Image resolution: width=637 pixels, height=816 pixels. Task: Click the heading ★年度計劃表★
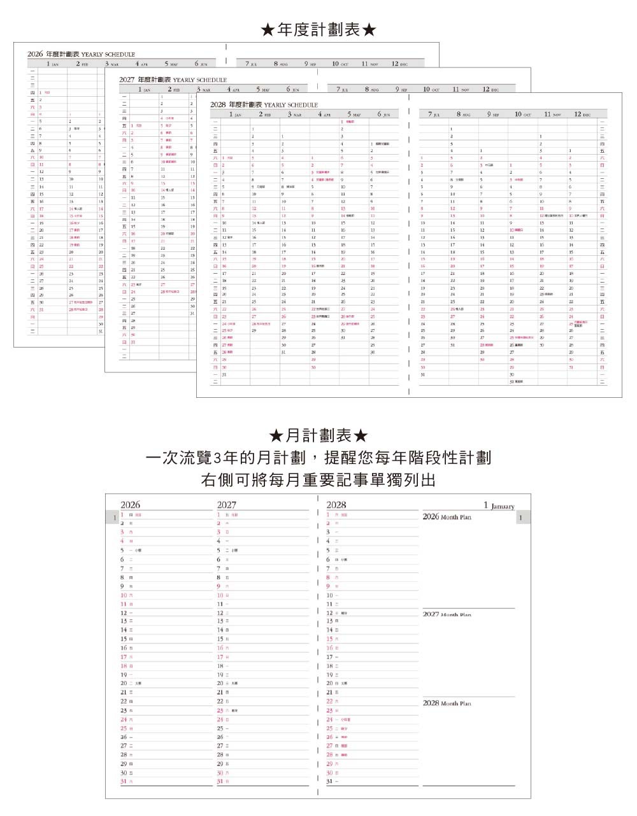(318, 29)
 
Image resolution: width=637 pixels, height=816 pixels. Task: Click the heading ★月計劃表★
(318, 436)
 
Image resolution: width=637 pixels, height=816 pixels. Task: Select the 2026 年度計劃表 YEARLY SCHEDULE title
(81, 54)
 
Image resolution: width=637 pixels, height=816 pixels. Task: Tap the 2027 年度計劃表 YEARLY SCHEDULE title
(173, 80)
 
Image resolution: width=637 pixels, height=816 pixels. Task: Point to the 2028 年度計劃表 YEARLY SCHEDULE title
(264, 104)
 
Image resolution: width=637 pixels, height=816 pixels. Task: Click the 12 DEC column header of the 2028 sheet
(582, 115)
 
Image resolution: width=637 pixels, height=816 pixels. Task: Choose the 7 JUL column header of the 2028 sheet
(433, 115)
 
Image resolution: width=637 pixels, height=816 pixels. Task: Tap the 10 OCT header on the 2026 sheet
(340, 64)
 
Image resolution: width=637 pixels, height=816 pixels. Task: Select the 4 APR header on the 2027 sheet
(232, 90)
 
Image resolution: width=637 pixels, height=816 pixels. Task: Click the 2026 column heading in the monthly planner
(130, 505)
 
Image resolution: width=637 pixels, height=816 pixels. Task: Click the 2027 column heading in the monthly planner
(226, 505)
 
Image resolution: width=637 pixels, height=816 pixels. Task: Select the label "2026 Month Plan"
(447, 517)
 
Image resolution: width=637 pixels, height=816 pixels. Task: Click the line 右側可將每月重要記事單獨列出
(318, 480)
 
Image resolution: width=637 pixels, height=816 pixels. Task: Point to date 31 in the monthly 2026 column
(124, 781)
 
